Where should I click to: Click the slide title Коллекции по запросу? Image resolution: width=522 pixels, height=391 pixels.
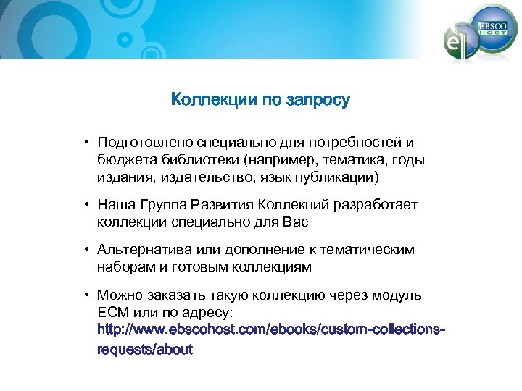260,100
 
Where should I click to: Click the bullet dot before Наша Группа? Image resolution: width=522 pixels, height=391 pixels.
85,205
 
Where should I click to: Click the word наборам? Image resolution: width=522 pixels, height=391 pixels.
123,267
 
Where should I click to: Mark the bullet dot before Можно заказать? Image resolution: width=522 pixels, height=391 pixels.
85,295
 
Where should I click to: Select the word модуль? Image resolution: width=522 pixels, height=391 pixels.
397,295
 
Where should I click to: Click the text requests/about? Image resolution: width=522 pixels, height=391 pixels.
145,349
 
